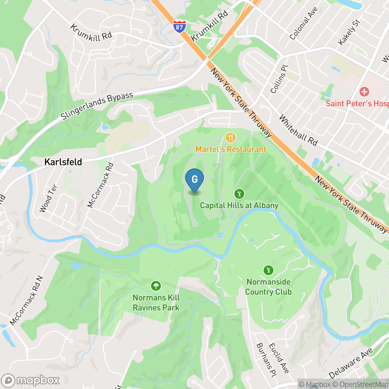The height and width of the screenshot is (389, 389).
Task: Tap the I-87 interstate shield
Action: tap(179, 26)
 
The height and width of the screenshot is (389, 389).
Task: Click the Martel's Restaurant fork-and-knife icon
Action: tap(230, 138)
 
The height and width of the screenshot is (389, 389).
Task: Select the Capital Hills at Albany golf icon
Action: tap(239, 193)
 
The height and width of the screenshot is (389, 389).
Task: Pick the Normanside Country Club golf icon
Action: tap(268, 270)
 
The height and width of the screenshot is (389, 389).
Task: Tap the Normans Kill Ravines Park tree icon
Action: tap(156, 286)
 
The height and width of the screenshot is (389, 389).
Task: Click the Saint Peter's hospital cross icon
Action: tap(364, 92)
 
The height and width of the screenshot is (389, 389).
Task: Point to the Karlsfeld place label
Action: tap(63, 162)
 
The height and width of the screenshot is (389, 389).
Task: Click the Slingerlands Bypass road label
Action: tap(97, 106)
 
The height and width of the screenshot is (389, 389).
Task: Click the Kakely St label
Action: tap(349, 32)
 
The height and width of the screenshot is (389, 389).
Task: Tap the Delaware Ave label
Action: tap(351, 363)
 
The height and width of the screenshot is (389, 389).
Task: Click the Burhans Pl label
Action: tap(266, 361)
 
